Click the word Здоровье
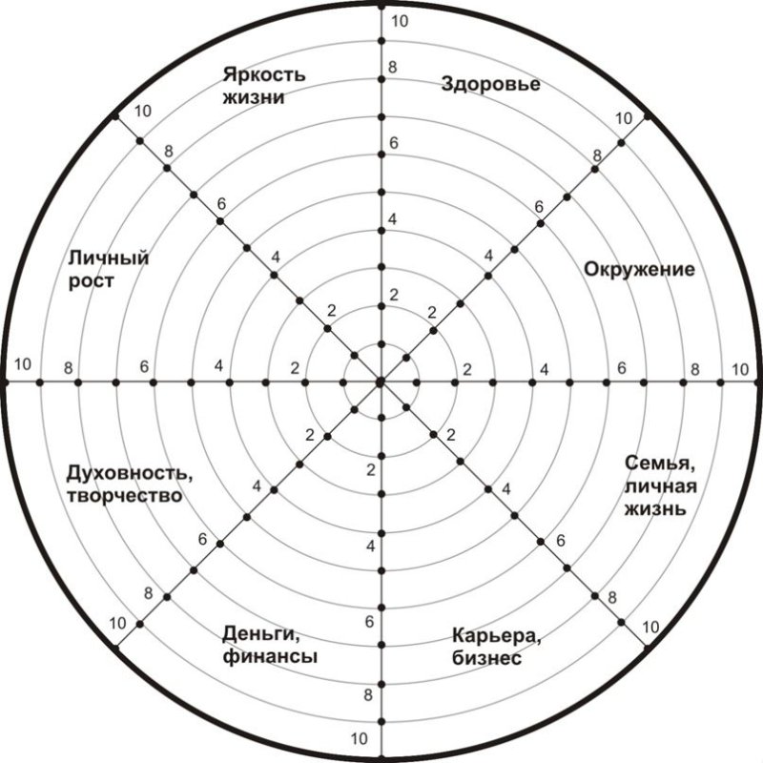[490, 85]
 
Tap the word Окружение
[639, 270]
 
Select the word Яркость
[264, 75]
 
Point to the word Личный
[108, 258]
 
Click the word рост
[91, 281]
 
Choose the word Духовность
[129, 473]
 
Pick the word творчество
[125, 496]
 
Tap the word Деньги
[260, 634]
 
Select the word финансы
[270, 657]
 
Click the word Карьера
[496, 636]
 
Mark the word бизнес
[486, 658]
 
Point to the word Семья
[660, 464]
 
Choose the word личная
[661, 486]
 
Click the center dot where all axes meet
[381, 382]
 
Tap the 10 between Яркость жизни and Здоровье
[400, 21]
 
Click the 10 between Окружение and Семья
[740, 370]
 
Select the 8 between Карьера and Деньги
[368, 695]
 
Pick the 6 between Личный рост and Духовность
[144, 366]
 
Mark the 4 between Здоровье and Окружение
[488, 256]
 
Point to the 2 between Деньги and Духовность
[310, 436]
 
